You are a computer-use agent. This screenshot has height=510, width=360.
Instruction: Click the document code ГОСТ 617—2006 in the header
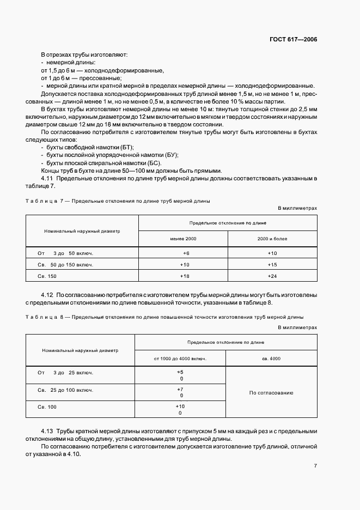(293, 40)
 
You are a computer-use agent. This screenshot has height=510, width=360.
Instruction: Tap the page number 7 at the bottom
(315, 466)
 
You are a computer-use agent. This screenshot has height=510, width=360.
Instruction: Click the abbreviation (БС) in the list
(154, 163)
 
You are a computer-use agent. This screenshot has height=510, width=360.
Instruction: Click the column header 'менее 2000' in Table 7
(183, 239)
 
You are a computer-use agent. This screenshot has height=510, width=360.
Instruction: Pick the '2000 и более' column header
(272, 239)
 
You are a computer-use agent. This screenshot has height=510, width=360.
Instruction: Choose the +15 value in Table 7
(272, 265)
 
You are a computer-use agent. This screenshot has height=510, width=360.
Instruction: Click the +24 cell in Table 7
(272, 276)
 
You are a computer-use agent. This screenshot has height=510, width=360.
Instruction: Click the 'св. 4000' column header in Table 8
(271, 358)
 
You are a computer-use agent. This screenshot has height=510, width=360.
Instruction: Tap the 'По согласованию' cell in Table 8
(271, 392)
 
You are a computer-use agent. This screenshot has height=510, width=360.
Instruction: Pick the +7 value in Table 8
(180, 389)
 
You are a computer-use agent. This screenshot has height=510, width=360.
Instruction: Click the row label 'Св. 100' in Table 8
(47, 407)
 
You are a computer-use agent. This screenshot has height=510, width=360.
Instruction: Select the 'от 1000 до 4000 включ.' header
(180, 358)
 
